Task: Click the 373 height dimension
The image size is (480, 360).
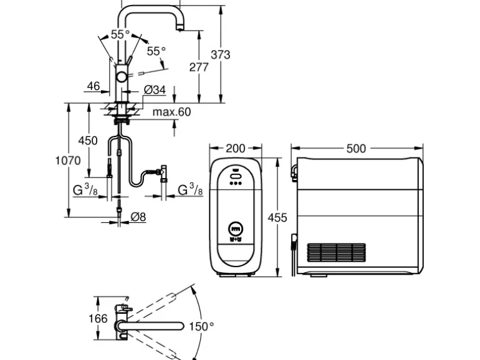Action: coord(220,55)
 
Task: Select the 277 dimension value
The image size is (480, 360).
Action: coord(199,67)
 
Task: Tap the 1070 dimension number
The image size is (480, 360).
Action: coord(67,160)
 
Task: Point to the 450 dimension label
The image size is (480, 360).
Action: coord(88,141)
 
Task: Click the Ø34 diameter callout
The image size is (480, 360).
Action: coord(155,90)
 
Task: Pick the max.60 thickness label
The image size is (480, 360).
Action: coord(171,112)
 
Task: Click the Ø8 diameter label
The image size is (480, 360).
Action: coord(138,217)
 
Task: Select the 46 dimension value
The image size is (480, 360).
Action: coord(94,86)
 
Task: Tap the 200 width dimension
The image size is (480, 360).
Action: coord(235,148)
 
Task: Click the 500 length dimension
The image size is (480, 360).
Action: coord(355,148)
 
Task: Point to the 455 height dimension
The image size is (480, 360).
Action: coord(277,217)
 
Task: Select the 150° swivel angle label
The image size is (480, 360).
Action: coord(201,326)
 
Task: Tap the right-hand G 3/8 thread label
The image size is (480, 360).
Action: coord(190,189)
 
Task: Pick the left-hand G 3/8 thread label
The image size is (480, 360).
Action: coord(87,189)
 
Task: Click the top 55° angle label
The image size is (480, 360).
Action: coord(120,35)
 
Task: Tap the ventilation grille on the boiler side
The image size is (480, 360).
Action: coord(337,252)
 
